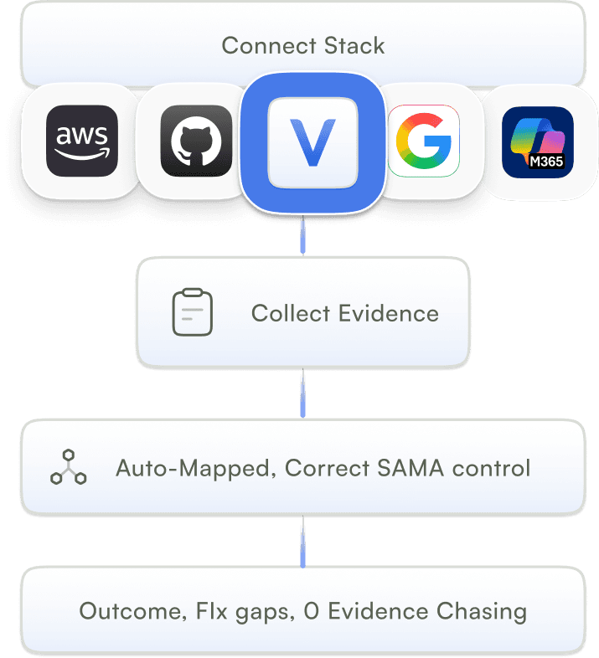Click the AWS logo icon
pos(82,141)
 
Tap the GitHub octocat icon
pos(196,141)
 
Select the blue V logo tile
pos(312,141)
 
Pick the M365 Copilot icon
pos(538,141)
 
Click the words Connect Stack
pos(303,45)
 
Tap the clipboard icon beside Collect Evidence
pos(192,313)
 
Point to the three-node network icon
pos(68,469)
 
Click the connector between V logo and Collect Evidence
pos(302,236)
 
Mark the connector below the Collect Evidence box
pos(302,393)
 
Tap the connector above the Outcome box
pos(302,541)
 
